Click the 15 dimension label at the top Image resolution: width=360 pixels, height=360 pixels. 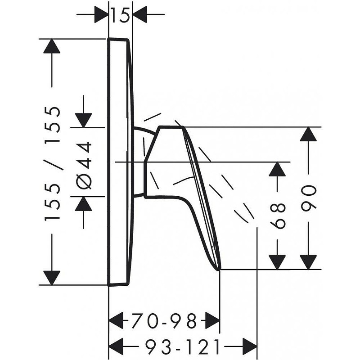click(120, 15)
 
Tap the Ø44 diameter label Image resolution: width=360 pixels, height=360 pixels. click(84, 165)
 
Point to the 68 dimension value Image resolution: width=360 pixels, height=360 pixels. click(277, 216)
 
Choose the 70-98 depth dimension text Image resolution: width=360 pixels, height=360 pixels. click(164, 321)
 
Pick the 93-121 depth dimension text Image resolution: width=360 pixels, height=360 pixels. click(183, 346)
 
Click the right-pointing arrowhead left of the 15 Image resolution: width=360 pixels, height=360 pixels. click(101, 14)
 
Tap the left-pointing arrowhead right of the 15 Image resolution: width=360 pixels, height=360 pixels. click(140, 14)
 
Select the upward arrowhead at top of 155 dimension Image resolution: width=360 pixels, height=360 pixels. click(52, 46)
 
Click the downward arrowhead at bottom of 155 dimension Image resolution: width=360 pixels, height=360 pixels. click(52, 278)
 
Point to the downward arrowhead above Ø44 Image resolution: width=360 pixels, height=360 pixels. click(84, 120)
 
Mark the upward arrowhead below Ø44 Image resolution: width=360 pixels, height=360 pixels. click(84, 204)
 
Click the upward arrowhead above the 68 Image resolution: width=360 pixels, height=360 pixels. click(277, 169)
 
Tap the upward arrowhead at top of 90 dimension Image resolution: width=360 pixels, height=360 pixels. click(308, 134)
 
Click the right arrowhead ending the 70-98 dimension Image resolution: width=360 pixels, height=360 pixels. click(212, 320)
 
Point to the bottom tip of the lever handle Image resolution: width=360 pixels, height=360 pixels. click(219, 269)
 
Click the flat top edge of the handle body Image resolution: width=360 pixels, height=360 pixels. click(171, 126)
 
